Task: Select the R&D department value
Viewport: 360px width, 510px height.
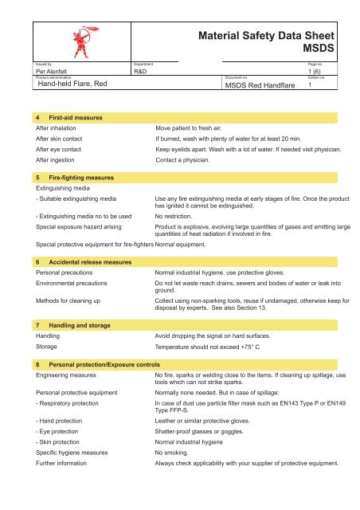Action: (x=143, y=71)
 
